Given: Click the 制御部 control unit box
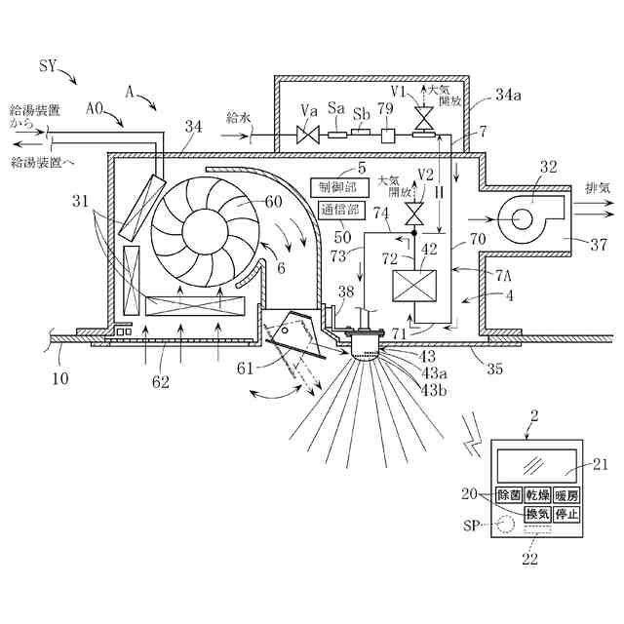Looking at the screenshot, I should [x=335, y=186].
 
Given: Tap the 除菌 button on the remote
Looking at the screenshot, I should [x=508, y=495].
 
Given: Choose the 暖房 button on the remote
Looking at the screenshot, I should [x=566, y=495].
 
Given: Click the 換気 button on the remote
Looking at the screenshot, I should [x=537, y=514].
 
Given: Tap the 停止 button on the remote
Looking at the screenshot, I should [x=566, y=514].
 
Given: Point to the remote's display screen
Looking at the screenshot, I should [x=537, y=464].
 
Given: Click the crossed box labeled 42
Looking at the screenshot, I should [x=412, y=290].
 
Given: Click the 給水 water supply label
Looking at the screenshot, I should [x=239, y=117].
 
